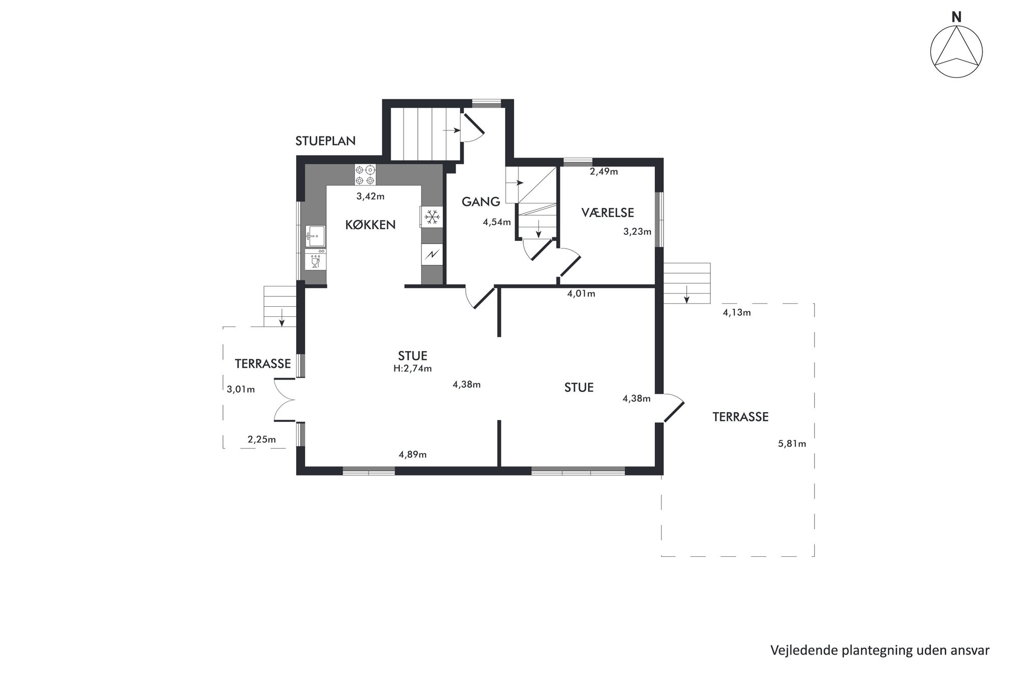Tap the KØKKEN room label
coord(370,225)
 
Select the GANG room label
coord(481,202)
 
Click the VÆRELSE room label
coord(607,212)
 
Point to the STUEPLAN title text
coord(326,141)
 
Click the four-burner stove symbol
coord(365,175)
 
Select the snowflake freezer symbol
coord(432,217)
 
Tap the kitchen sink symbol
coord(315,236)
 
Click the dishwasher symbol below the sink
coord(315,259)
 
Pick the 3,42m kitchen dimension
coord(370,197)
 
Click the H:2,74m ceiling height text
coord(412,368)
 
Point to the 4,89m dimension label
coord(413,454)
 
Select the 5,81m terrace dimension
coord(792,444)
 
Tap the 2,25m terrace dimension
coord(261,439)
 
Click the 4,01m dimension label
coord(581,294)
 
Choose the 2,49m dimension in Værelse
coord(604,172)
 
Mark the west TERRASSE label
coord(263,364)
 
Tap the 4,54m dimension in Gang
coord(497,222)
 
